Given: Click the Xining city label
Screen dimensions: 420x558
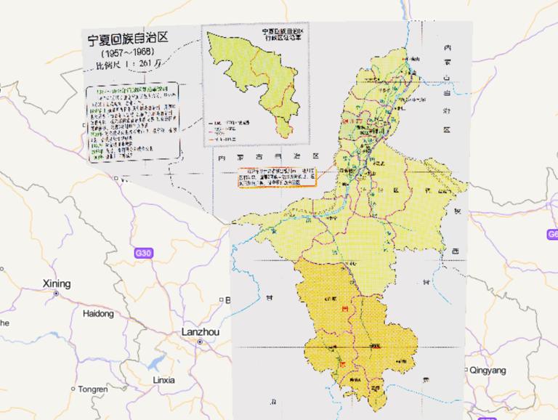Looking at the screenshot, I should point(57,283).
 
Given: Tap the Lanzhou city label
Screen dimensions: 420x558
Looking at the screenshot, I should point(200,331).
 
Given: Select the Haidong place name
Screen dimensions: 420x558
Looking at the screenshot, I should point(99,314).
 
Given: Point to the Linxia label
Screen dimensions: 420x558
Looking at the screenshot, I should point(163,379).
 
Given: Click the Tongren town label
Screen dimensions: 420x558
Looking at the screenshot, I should point(93,389).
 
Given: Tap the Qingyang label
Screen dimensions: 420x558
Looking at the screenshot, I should point(488,370).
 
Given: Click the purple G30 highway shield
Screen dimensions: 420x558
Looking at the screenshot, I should point(144,253).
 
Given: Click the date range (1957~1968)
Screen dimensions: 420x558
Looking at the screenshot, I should point(127,54).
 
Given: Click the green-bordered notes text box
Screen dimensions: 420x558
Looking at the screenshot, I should point(132,124).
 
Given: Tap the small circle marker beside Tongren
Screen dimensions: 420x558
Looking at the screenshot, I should point(73,389).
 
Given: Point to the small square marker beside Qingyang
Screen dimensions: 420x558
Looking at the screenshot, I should point(466,370).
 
